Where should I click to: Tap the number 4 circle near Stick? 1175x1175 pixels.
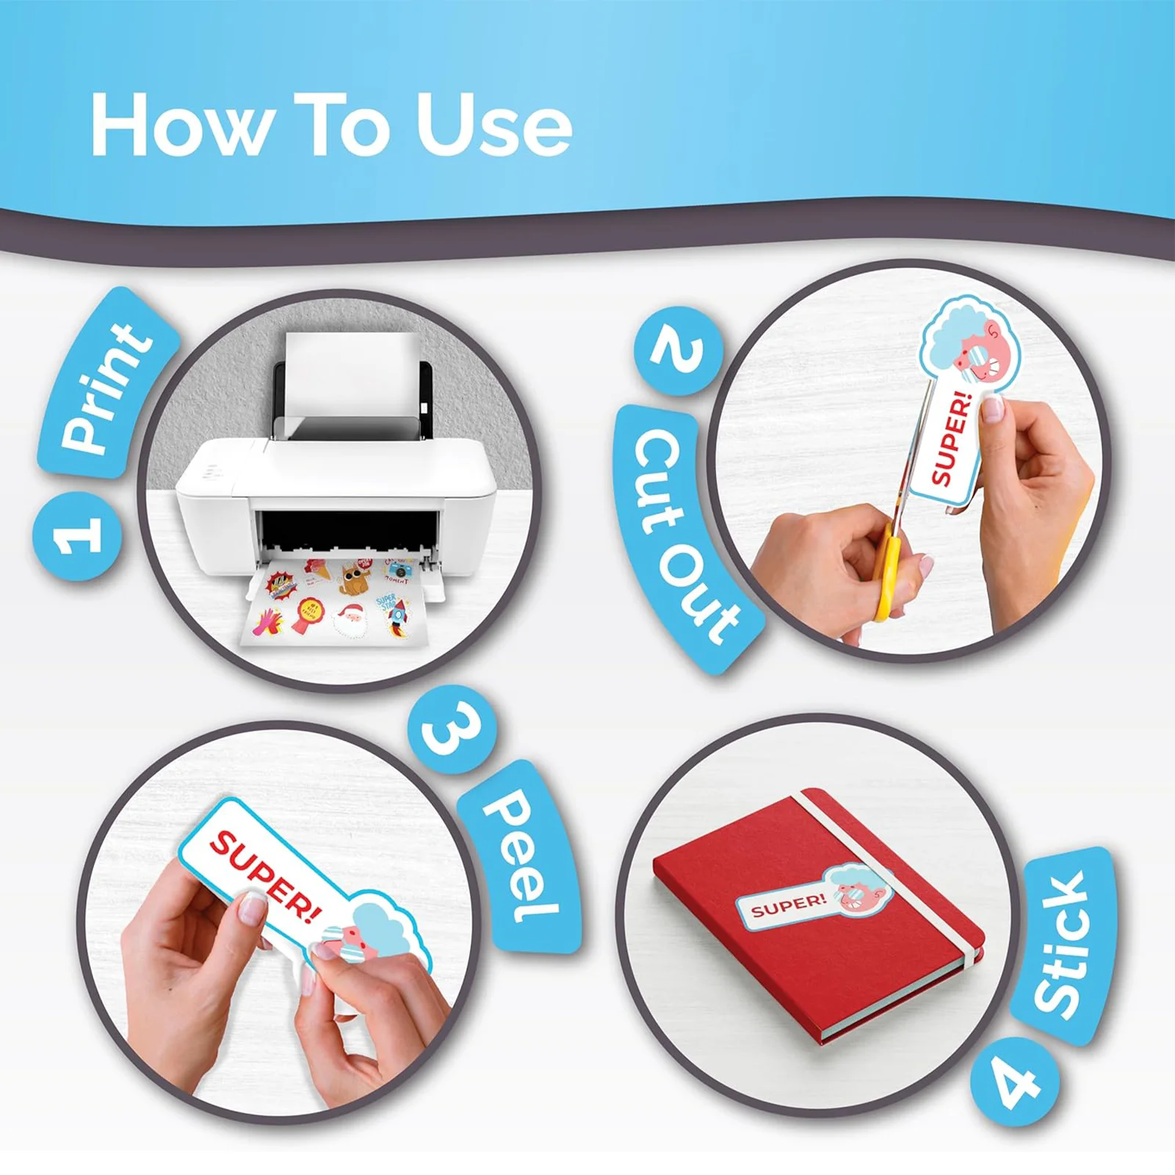[x=1015, y=1081]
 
